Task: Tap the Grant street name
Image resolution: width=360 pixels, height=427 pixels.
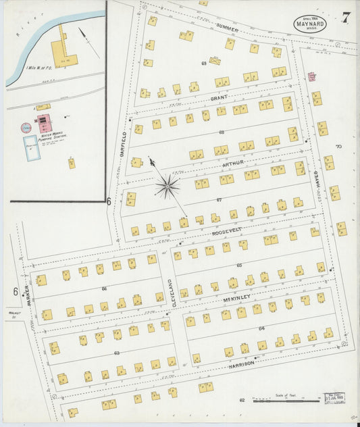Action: coord(219,98)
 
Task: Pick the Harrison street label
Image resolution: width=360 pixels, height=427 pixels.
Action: coord(240,363)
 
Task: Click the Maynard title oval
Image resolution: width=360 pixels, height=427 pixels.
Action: coord(310,22)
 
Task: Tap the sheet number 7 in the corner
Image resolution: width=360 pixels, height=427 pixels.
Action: coord(345,18)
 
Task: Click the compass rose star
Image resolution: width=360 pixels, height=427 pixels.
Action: coord(167,184)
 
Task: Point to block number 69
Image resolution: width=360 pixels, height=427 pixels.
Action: coord(203,63)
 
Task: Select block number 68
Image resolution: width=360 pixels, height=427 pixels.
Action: coord(222,132)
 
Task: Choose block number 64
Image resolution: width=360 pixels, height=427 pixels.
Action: coord(261,328)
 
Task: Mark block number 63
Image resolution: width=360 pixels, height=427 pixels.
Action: coord(117,352)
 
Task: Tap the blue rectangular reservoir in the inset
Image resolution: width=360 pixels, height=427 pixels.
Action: coord(32,147)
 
